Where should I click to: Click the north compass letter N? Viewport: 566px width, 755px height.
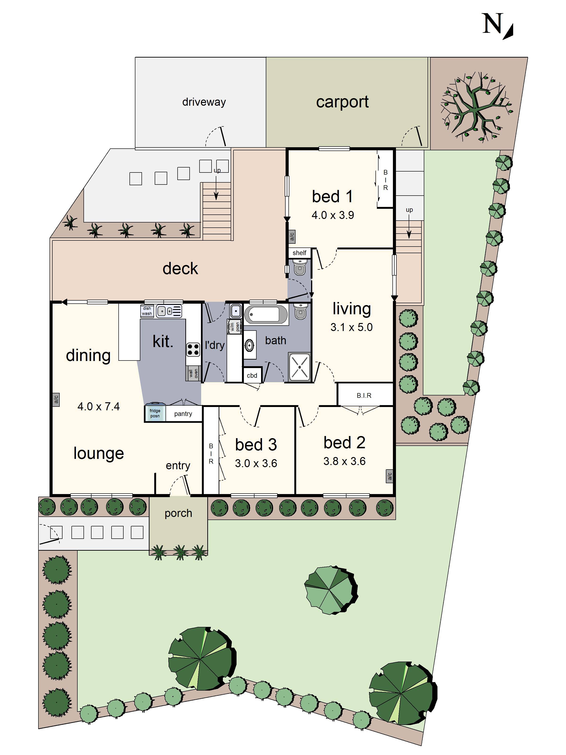click(x=493, y=24)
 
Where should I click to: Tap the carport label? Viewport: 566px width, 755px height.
click(x=342, y=102)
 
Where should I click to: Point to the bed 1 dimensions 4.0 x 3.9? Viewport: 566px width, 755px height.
click(x=332, y=215)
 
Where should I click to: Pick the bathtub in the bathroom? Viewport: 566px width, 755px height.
click(x=266, y=314)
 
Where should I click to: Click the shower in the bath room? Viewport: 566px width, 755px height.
click(x=299, y=367)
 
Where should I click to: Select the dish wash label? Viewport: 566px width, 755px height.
click(x=147, y=311)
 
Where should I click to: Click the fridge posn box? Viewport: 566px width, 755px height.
click(x=155, y=413)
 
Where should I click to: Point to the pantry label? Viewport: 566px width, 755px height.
click(x=183, y=414)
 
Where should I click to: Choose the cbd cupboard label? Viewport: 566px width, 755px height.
click(x=252, y=375)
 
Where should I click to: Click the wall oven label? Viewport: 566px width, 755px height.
click(x=193, y=373)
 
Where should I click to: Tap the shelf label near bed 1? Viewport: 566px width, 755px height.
click(x=299, y=253)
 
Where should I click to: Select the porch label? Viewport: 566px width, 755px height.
click(x=178, y=513)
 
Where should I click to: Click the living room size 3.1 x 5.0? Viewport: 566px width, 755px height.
click(x=351, y=327)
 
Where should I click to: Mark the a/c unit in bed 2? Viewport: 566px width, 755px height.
click(x=390, y=475)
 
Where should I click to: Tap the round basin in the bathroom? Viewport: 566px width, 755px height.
click(x=250, y=345)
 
